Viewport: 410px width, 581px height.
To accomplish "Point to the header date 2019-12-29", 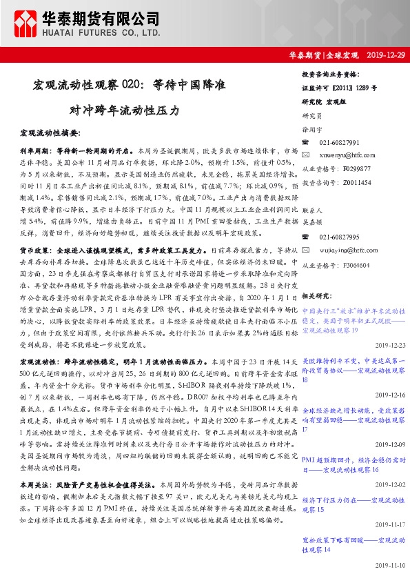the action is pyautogui.click(x=384, y=55).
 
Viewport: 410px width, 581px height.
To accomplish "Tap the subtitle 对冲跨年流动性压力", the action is pyautogui.click(x=124, y=110).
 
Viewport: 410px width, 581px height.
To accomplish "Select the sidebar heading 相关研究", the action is pyautogui.click(x=316, y=295).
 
